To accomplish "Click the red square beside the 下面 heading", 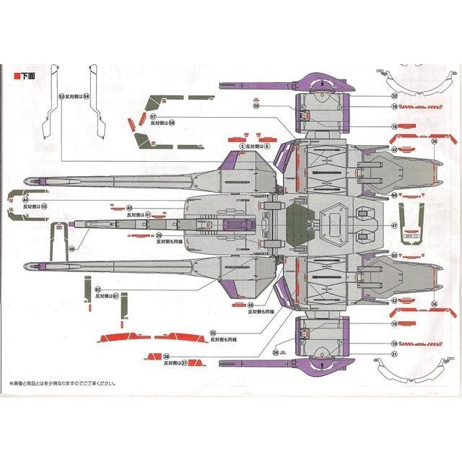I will [x=17, y=74].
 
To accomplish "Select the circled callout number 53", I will [x=61, y=95].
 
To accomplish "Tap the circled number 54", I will [x=86, y=95].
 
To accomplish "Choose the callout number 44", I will [x=25, y=199].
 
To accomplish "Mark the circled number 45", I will [x=44, y=206].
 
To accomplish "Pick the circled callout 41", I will [x=148, y=214].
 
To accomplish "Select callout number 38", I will [x=166, y=356].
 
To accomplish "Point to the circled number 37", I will [x=185, y=363].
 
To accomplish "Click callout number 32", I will [x=394, y=95].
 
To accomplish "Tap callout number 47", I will [x=394, y=226].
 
